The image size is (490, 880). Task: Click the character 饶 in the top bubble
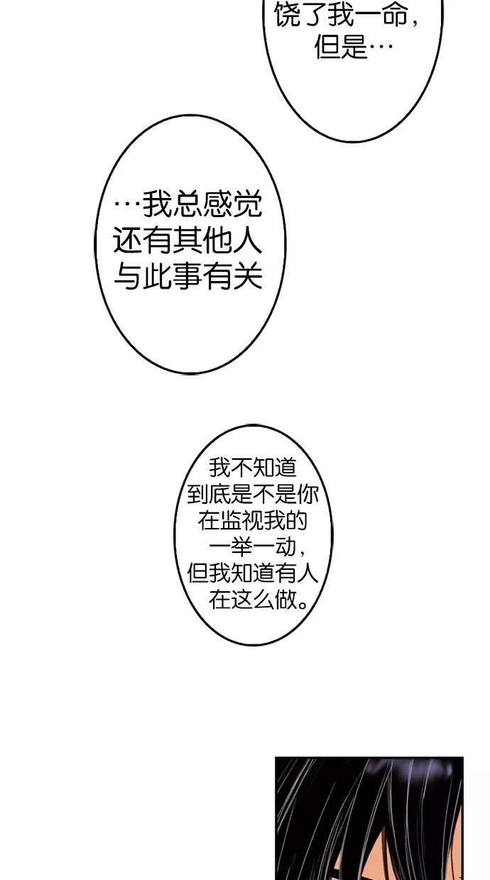287,15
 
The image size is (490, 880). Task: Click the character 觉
247,204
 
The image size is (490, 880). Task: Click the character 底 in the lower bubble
219,494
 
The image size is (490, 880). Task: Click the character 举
241,547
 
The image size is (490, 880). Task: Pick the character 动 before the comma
285,547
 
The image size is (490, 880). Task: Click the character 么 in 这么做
263,600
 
